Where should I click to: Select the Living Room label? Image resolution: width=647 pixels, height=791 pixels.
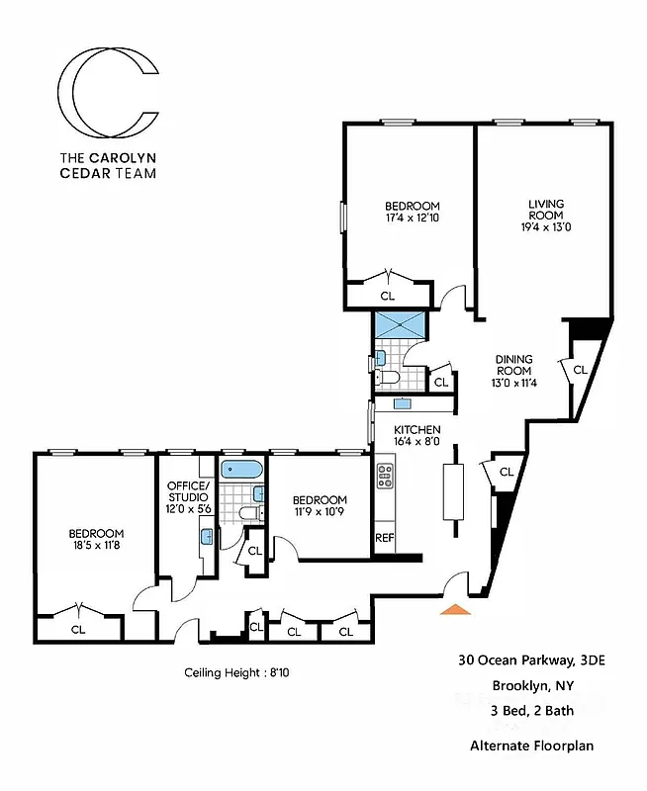pyautogui.click(x=544, y=217)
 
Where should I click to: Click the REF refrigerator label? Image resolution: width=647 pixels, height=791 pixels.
pyautogui.click(x=384, y=539)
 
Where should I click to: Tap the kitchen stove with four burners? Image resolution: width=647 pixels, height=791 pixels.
pyautogui.click(x=385, y=477)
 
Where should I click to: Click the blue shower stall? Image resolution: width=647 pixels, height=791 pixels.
pyautogui.click(x=400, y=323)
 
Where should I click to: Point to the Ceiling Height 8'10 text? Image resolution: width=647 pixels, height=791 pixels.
pyautogui.click(x=236, y=672)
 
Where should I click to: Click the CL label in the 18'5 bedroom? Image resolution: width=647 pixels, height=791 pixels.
pyautogui.click(x=77, y=627)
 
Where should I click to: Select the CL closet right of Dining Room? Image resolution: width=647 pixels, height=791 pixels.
pyautogui.click(x=580, y=369)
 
